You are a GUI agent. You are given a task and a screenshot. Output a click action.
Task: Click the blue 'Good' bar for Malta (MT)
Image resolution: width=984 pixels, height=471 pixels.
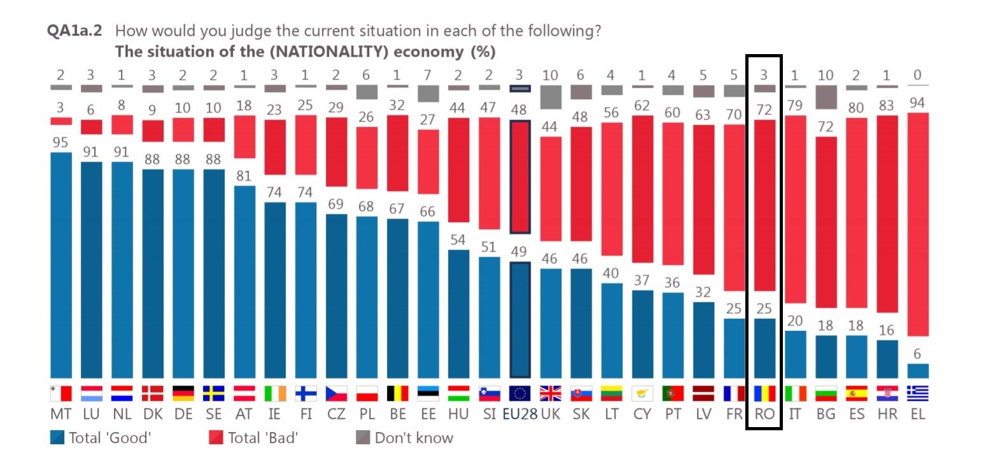click(x=61, y=265)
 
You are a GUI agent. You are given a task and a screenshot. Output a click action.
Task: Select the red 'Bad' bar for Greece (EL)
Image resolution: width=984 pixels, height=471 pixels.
click(x=917, y=224)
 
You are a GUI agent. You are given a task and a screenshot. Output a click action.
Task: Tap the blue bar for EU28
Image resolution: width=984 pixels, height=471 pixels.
click(x=520, y=320)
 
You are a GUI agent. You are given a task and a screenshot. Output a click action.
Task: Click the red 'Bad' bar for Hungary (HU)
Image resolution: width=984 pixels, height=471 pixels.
click(x=459, y=169)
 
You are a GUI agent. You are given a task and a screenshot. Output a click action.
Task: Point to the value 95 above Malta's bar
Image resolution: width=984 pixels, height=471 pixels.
click(x=60, y=143)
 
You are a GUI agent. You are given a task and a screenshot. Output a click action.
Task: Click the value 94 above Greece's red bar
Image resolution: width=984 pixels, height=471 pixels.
click(x=917, y=102)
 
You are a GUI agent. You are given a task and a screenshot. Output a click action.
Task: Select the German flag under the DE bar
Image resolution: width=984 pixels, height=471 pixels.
click(x=183, y=393)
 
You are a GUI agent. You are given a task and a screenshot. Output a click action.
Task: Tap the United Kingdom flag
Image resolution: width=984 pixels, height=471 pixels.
click(x=550, y=393)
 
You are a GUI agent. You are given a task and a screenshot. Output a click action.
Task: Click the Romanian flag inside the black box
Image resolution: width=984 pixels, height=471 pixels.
click(x=764, y=393)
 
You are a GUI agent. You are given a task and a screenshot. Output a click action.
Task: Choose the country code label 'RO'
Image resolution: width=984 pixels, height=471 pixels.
click(x=764, y=414)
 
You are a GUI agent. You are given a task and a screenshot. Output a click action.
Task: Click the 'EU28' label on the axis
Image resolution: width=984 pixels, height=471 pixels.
click(x=520, y=414)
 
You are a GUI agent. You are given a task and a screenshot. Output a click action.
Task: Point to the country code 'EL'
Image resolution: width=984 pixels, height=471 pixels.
click(x=917, y=414)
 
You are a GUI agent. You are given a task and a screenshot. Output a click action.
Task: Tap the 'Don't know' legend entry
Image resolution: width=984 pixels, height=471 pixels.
click(x=404, y=438)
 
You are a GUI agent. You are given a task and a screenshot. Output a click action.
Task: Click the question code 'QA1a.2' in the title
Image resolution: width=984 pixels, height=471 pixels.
click(x=75, y=31)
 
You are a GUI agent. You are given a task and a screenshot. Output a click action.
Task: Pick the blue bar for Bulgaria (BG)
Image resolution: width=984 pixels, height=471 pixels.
click(x=826, y=356)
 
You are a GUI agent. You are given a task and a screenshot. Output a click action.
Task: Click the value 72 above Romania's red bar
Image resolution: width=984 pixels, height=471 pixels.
click(x=764, y=109)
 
